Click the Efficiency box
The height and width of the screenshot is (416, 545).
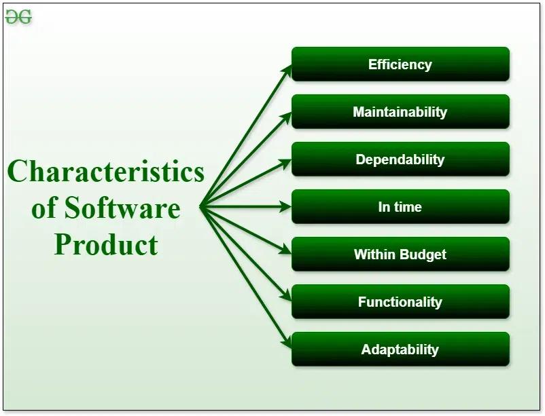(x=400, y=64)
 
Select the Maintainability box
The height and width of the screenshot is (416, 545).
(x=400, y=112)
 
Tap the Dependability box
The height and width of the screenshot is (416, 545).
(x=400, y=159)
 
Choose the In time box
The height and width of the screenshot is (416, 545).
(x=400, y=207)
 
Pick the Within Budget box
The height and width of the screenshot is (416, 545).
(x=400, y=254)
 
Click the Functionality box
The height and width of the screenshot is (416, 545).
(x=400, y=302)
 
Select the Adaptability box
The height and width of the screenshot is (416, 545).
(x=400, y=349)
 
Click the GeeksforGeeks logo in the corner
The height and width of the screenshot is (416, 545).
(x=18, y=18)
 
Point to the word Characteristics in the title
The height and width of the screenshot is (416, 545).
(x=106, y=171)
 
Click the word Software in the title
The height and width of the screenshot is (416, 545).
(x=122, y=208)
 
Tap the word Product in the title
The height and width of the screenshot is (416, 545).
(x=106, y=244)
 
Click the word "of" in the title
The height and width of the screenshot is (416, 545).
(x=44, y=208)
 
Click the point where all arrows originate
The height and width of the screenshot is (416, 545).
(x=202, y=207)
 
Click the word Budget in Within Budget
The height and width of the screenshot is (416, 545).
(x=423, y=254)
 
